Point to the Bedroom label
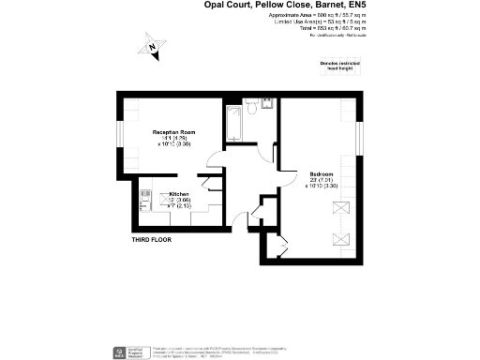(322, 172)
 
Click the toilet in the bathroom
(265, 105)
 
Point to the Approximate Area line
(304, 16)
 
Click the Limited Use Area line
(304, 22)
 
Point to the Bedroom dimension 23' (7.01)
(322, 179)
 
